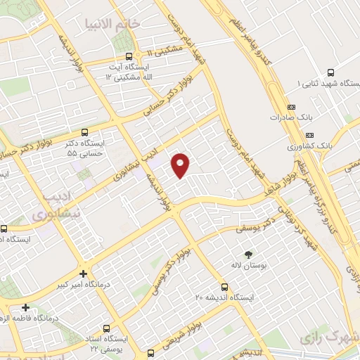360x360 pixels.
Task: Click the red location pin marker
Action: (x=181, y=165)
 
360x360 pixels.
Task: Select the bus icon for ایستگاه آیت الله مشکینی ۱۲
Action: (x=127, y=57)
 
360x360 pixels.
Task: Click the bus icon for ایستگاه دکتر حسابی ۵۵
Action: (x=85, y=131)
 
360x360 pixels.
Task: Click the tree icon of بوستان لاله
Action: (x=247, y=254)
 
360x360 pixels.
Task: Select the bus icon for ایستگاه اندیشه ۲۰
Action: (x=224, y=287)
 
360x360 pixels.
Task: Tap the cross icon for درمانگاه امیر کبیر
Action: (x=84, y=274)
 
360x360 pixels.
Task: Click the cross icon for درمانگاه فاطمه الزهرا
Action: (x=25, y=307)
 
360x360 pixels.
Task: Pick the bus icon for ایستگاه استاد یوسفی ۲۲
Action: (x=106, y=328)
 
